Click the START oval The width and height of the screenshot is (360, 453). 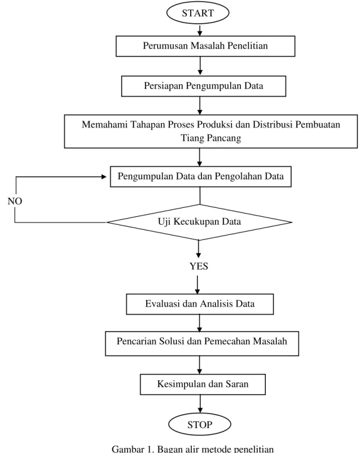[197, 13]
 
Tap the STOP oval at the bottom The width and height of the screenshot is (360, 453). [200, 424]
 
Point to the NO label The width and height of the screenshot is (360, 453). [15, 201]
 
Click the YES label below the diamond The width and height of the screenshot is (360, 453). [199, 266]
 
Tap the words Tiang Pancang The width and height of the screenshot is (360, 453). [210, 138]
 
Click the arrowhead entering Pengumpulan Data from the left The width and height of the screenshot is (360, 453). [104, 177]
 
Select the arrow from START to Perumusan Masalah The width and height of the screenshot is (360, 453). [200, 30]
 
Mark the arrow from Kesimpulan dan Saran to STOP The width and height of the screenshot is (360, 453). [200, 404]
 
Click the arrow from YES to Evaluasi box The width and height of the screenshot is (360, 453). [197, 285]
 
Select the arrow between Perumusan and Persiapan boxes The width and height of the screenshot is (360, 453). [200, 66]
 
